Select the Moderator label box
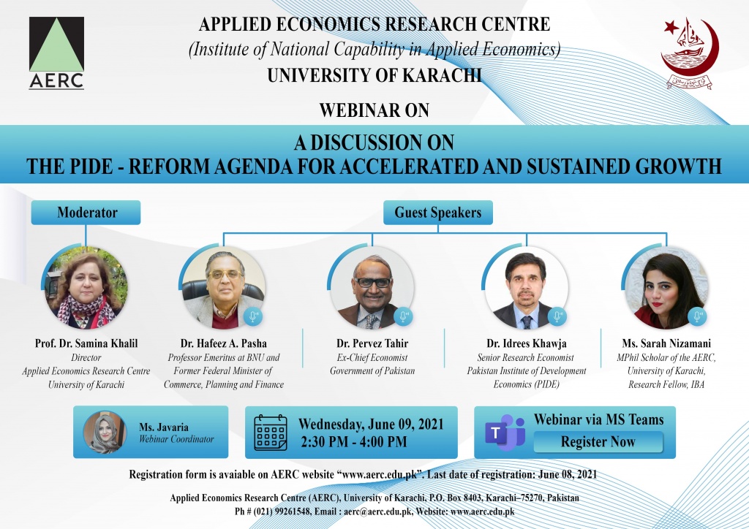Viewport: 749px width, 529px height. (x=87, y=213)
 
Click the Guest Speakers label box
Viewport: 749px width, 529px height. (x=437, y=213)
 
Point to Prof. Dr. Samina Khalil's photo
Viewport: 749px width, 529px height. (x=86, y=288)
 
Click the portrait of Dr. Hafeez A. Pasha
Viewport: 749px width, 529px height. (x=223, y=288)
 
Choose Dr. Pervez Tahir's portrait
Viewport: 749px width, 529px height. (x=373, y=288)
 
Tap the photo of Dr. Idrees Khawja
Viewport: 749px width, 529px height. (x=527, y=288)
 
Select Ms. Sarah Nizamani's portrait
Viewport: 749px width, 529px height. (x=664, y=288)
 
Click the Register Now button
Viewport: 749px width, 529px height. (x=598, y=441)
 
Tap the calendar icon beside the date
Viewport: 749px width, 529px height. (x=270, y=433)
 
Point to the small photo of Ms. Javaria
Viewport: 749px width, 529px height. (x=105, y=433)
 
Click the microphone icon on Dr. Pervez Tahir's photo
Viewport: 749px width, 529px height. (x=403, y=317)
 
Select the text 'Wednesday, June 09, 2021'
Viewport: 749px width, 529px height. (x=370, y=425)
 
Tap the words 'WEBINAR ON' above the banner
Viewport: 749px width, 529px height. (x=373, y=111)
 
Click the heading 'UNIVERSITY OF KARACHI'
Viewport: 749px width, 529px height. (x=374, y=75)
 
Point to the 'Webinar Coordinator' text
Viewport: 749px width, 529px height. (x=176, y=439)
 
